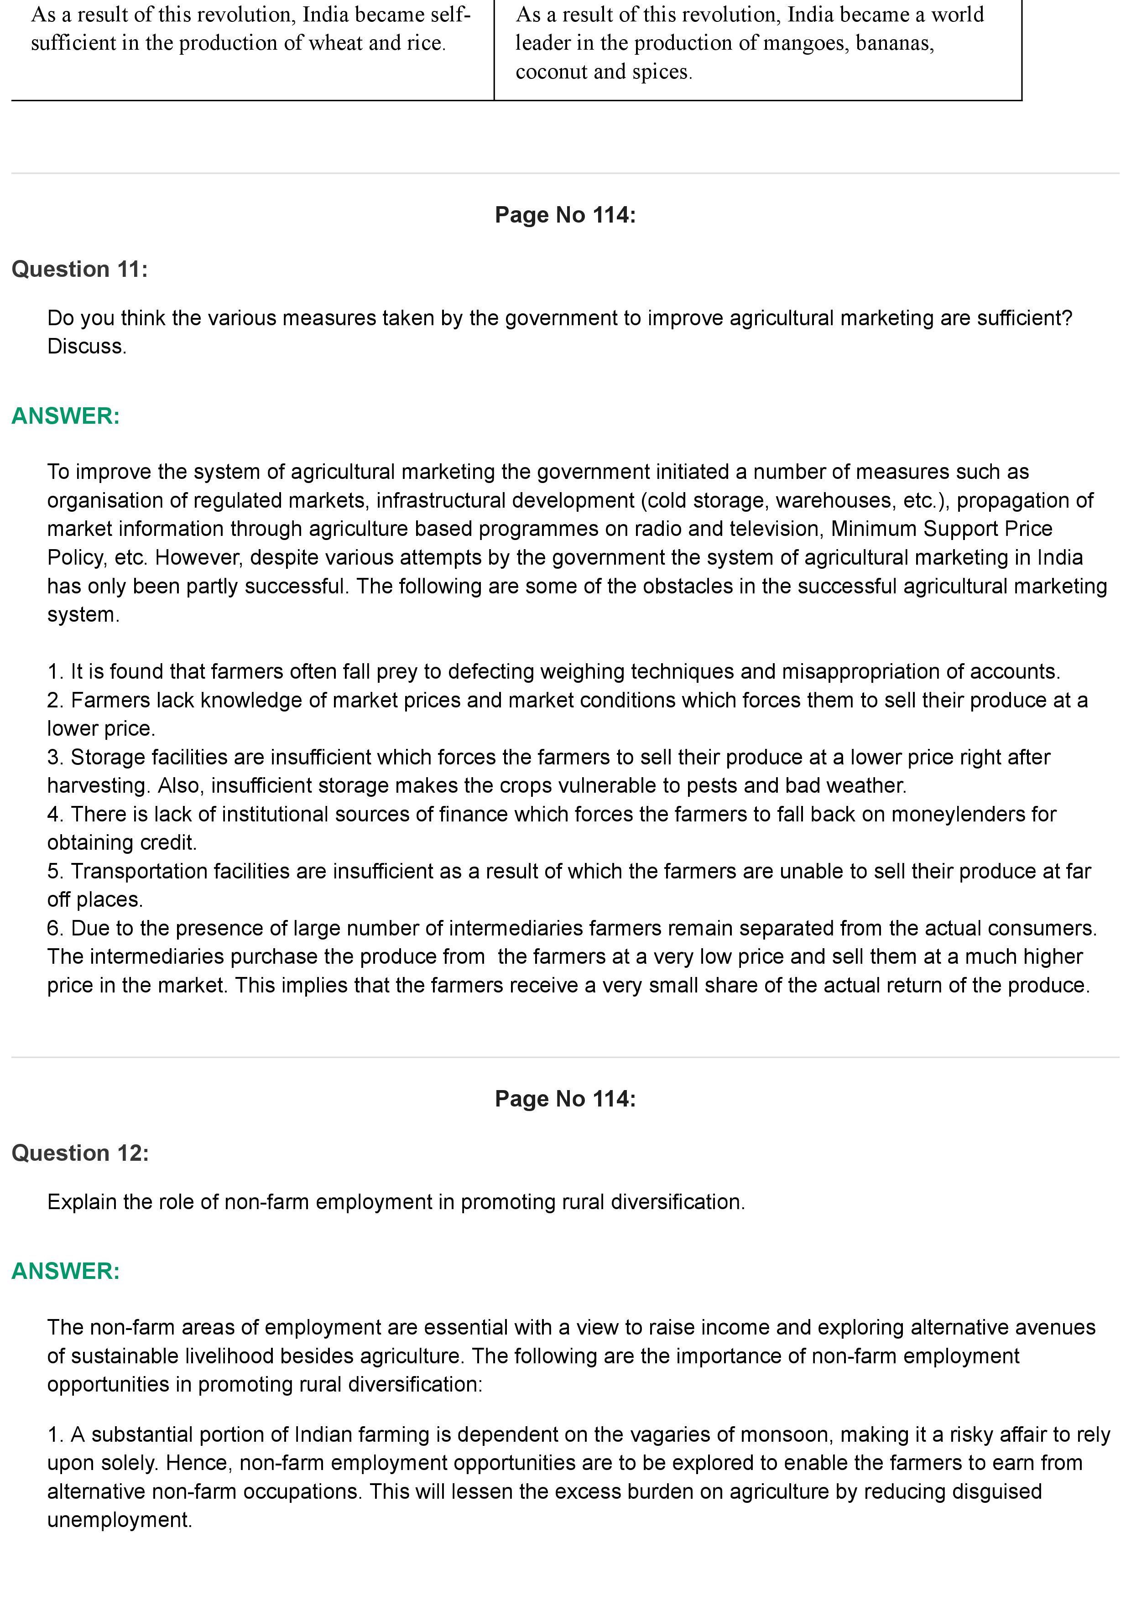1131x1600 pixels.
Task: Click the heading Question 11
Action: point(79,269)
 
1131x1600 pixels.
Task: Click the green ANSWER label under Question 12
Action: point(66,1271)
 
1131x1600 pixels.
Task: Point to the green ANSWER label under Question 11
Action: point(66,416)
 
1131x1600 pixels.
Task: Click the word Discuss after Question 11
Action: point(86,346)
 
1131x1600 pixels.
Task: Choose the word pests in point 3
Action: point(712,785)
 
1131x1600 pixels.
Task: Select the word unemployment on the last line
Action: point(119,1520)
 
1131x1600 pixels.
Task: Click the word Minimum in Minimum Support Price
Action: point(874,529)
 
